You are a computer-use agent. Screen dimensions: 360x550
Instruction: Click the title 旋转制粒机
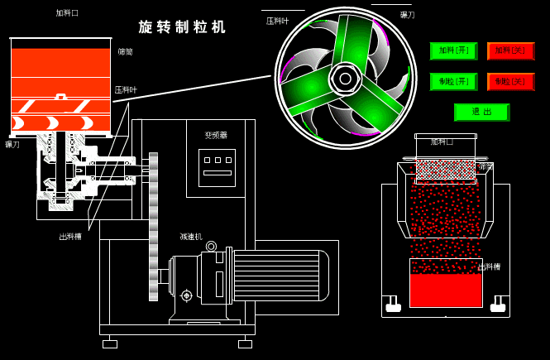pos(182,27)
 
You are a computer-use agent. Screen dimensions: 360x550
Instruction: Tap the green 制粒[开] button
pos(453,82)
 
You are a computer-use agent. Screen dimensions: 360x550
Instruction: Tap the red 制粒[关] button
pos(510,82)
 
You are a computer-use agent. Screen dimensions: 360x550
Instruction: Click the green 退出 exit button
pos(481,113)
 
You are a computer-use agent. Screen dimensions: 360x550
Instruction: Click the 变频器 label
pos(216,135)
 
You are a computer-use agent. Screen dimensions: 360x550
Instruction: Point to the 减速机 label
pos(191,237)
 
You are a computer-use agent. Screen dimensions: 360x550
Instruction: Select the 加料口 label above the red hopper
pos(67,13)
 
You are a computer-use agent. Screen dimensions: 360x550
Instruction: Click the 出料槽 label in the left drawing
pos(70,237)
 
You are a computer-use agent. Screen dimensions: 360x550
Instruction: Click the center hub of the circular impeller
pos(345,79)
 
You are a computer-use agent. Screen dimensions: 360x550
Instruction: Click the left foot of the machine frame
pos(110,343)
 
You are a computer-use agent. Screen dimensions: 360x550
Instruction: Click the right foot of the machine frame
pos(245,343)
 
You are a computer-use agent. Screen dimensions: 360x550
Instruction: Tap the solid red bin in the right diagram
pos(446,289)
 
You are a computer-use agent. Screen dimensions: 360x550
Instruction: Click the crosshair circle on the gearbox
pos(186,295)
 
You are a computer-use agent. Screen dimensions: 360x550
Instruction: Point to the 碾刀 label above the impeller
pos(407,15)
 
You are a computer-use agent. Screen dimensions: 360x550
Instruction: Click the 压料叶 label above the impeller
pos(278,21)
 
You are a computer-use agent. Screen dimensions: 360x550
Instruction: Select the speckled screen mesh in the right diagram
pos(445,170)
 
